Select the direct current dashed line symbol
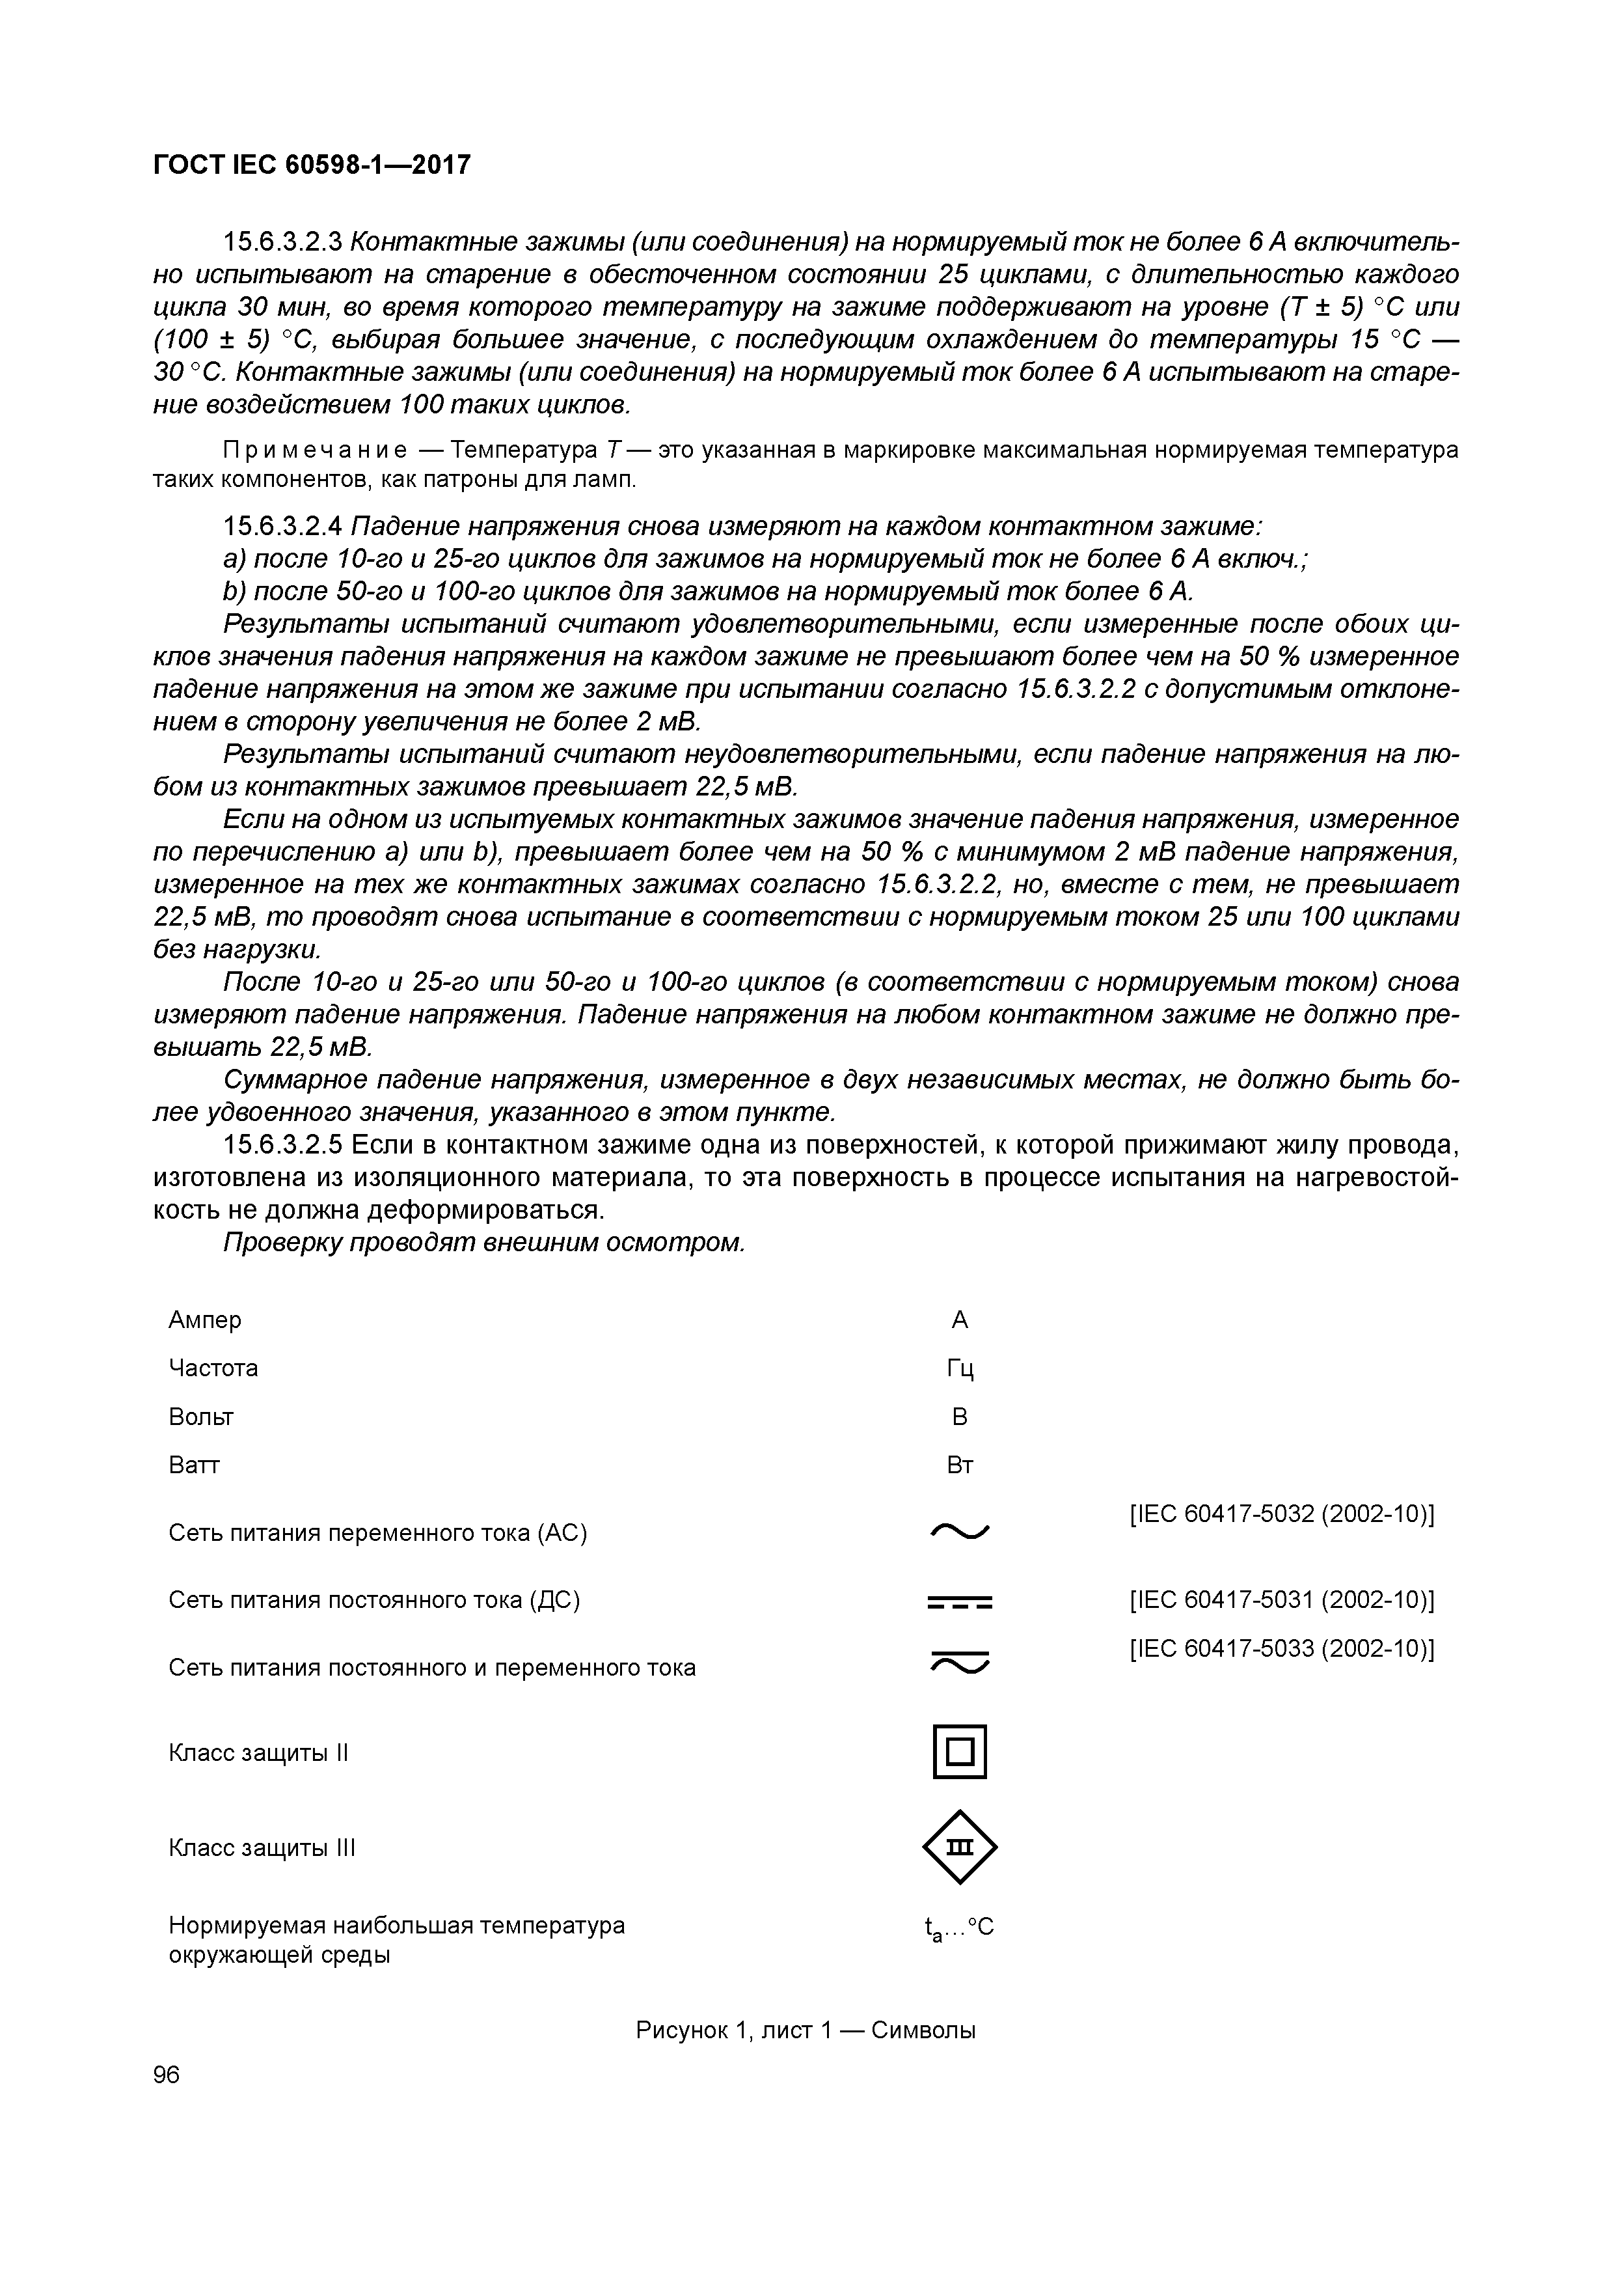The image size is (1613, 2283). pos(959,1602)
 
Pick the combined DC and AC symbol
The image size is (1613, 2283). pos(959,1663)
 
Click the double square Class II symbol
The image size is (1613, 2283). pos(959,1751)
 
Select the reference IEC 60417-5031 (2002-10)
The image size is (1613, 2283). pos(1281,1601)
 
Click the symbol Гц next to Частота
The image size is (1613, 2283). pos(959,1369)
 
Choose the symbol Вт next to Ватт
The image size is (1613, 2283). pos(959,1465)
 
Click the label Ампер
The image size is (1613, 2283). pos(205,1320)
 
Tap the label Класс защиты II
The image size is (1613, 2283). pos(258,1752)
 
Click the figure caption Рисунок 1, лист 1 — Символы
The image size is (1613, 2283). pos(805,2030)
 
